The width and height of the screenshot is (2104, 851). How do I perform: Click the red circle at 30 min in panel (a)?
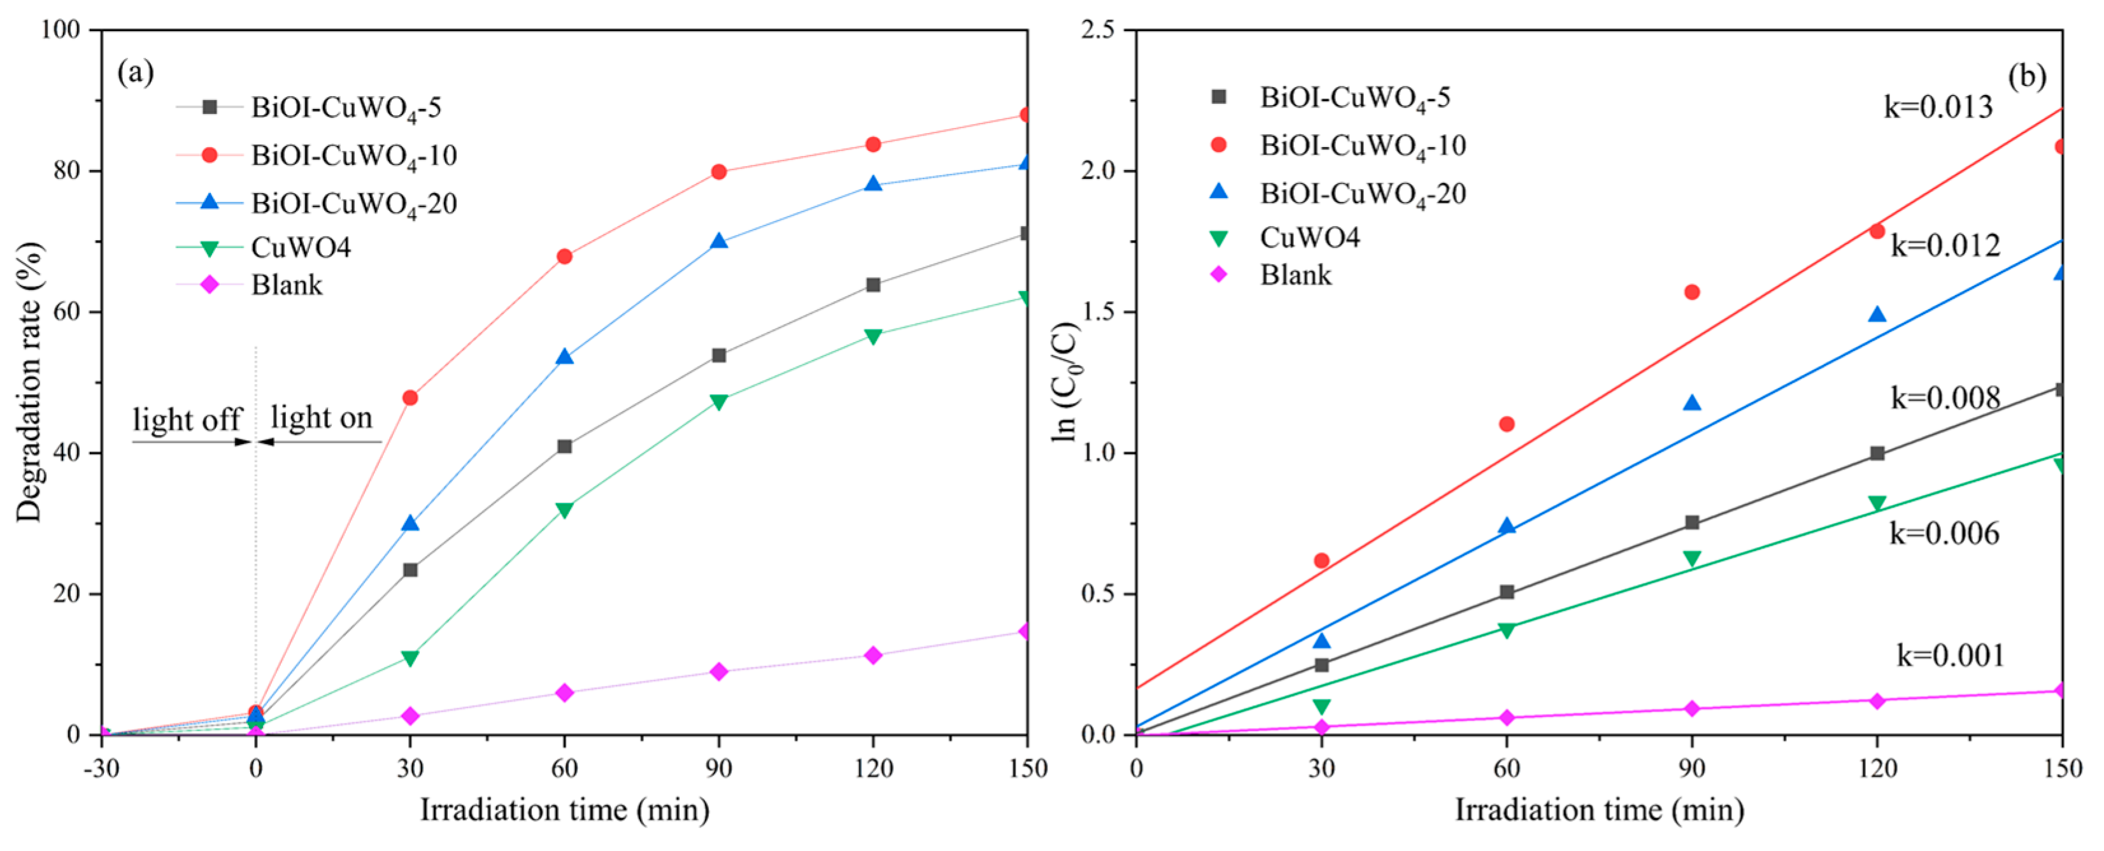pos(410,397)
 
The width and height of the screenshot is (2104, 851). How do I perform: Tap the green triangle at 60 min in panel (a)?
pos(564,510)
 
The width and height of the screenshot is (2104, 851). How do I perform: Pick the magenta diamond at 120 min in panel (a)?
pos(873,655)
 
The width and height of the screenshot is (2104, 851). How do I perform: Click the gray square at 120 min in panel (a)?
pos(873,285)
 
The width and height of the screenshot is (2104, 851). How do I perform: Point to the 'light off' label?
pos(187,420)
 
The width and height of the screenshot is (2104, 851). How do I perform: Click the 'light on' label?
pos(322,417)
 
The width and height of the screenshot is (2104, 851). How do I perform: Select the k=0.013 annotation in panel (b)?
pos(1937,107)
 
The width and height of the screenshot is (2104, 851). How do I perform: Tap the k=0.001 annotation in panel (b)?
pos(1950,655)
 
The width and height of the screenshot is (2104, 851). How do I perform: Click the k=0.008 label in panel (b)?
pos(1945,397)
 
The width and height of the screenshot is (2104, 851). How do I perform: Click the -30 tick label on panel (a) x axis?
pos(101,769)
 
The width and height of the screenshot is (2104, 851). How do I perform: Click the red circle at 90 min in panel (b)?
pos(1691,292)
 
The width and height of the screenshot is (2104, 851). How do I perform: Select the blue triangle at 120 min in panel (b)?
pos(1877,315)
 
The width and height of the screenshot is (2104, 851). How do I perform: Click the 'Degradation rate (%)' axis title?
pos(29,382)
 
